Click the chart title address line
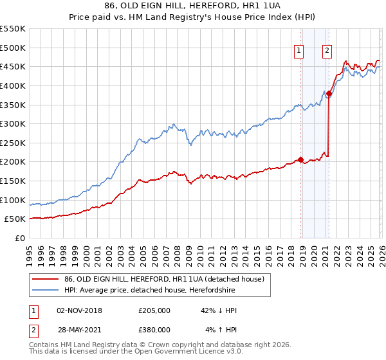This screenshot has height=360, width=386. coord(193,6)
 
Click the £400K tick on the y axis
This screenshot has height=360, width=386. coord(13,85)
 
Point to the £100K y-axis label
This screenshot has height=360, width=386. coord(13,200)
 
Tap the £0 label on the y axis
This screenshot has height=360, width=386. coord(19,238)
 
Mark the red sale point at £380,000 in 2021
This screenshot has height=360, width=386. coord(328,93)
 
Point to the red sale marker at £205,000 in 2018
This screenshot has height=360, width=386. coord(300,160)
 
